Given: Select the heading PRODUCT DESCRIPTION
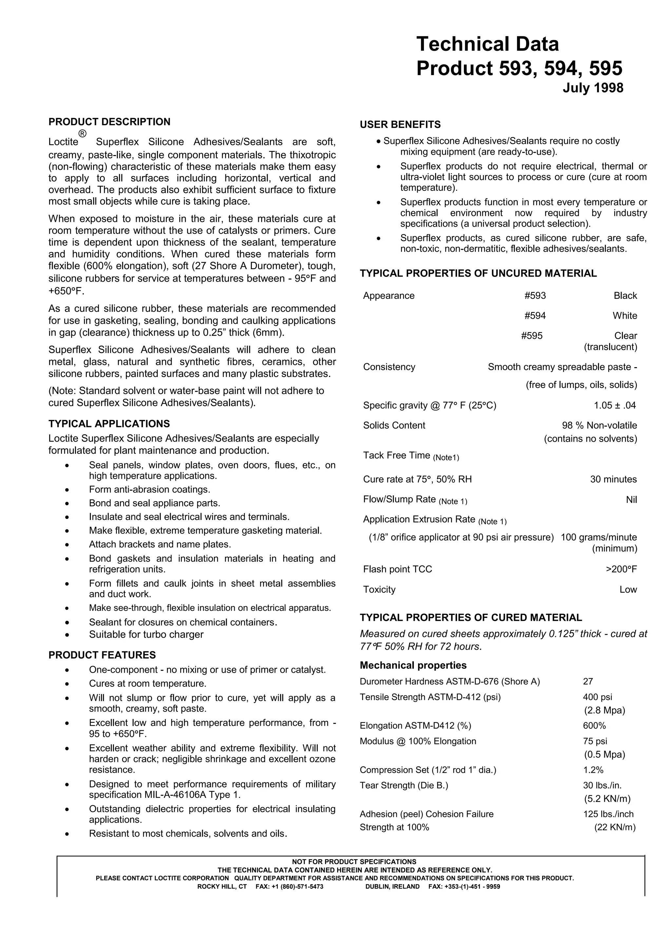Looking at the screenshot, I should [x=109, y=122].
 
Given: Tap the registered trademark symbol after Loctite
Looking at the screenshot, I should [x=83, y=133].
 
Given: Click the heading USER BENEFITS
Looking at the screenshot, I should [x=400, y=125].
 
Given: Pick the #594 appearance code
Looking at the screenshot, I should [x=535, y=316].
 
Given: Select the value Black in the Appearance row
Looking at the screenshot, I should [x=625, y=295].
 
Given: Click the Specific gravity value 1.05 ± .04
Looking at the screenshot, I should [x=614, y=405].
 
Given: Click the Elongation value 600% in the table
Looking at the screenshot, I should [x=594, y=725].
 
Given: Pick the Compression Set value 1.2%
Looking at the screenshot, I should [x=593, y=770].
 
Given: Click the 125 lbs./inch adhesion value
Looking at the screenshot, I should [x=608, y=814].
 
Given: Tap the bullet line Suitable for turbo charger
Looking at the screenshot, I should [x=146, y=634].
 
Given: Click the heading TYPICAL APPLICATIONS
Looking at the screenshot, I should [x=109, y=424].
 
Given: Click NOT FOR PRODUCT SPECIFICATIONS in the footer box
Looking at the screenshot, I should [x=354, y=861].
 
